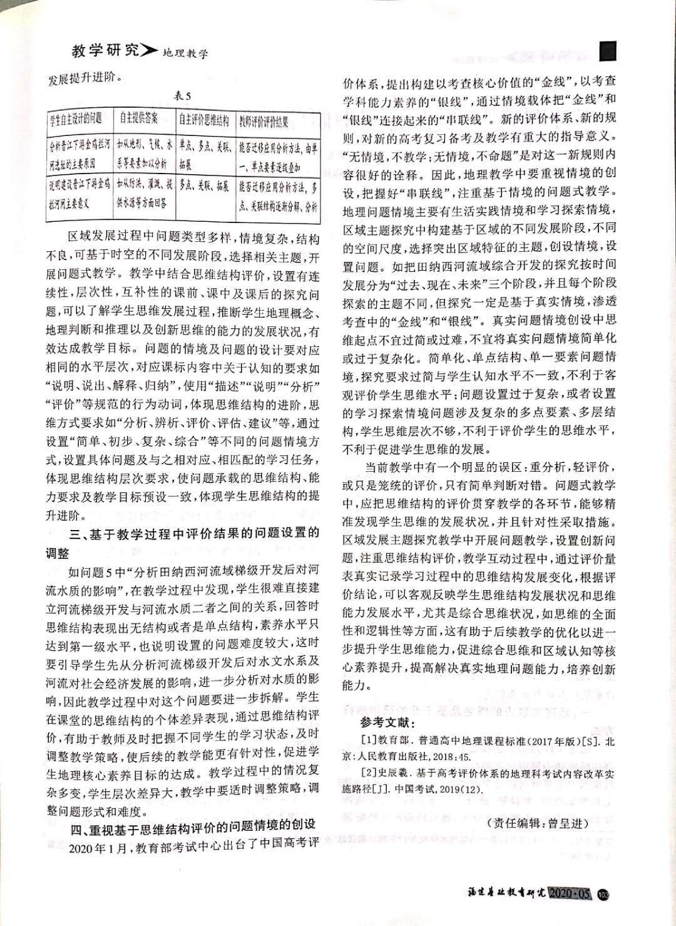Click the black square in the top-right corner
608,51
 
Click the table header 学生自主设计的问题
76,119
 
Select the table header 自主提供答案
138,119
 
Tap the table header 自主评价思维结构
204,120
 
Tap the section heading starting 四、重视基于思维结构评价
193,824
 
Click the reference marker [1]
369,741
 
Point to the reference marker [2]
369,774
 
